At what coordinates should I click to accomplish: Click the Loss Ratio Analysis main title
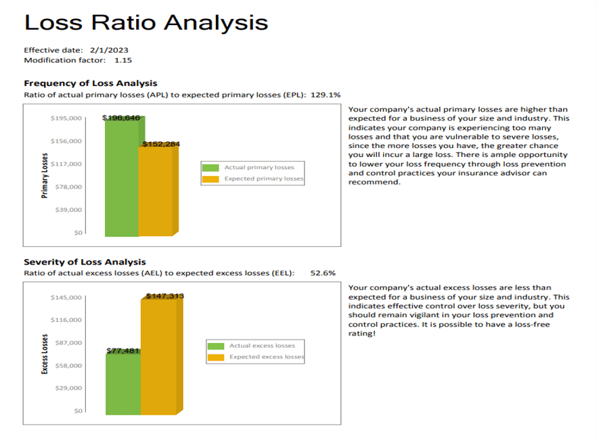[146, 22]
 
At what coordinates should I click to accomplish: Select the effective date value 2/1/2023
[109, 50]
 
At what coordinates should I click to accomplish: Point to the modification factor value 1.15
[123, 60]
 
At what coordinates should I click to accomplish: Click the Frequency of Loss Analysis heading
[90, 83]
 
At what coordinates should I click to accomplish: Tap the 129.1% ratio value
[326, 95]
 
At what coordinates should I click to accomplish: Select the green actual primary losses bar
[122, 179]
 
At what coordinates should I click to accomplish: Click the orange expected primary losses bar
[156, 193]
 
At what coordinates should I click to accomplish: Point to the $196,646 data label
[121, 118]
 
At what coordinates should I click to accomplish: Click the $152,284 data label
[161, 143]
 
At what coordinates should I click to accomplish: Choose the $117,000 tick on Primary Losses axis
[66, 164]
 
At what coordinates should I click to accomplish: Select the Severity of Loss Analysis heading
[85, 262]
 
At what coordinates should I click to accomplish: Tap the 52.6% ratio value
[322, 273]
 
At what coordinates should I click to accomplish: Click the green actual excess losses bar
[123, 383]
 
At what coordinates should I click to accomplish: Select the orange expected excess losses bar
[158, 358]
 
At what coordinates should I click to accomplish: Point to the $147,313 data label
[164, 296]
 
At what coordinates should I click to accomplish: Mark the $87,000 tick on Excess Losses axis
[66, 343]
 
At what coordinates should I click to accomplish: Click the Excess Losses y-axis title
[45, 354]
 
